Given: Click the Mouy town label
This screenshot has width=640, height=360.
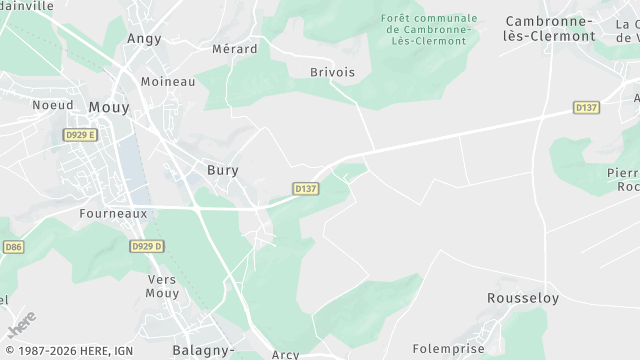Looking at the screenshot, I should pyautogui.click(x=109, y=107).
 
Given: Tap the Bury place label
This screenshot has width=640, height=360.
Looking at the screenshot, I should pyautogui.click(x=222, y=170).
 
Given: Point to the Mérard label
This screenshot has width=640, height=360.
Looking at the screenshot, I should pyautogui.click(x=235, y=48).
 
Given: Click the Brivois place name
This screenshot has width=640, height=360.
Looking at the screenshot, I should pyautogui.click(x=332, y=72).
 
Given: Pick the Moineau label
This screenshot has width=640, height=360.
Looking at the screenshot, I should pyautogui.click(x=168, y=81).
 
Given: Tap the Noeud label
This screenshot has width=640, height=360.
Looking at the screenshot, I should pyautogui.click(x=52, y=104).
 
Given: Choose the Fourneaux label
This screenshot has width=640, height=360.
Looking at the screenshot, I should pyautogui.click(x=113, y=213).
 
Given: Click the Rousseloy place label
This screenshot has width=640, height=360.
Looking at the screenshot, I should pyautogui.click(x=522, y=298).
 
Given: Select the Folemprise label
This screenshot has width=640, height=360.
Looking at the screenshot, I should pyautogui.click(x=448, y=349).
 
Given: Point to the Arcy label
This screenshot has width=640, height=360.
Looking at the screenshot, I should pyautogui.click(x=285, y=354).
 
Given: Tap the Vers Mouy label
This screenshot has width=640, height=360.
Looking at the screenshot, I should pyautogui.click(x=163, y=287).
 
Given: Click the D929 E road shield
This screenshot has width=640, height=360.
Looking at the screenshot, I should pyautogui.click(x=80, y=134).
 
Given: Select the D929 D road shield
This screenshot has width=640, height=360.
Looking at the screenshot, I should pyautogui.click(x=146, y=246).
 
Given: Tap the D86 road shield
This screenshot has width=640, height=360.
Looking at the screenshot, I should pyautogui.click(x=13, y=246).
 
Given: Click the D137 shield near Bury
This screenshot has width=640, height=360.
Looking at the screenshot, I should pyautogui.click(x=306, y=188).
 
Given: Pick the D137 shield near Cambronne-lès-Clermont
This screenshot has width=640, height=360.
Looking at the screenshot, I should pyautogui.click(x=586, y=107).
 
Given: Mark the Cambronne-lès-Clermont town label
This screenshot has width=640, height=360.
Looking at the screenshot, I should pyautogui.click(x=550, y=27).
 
